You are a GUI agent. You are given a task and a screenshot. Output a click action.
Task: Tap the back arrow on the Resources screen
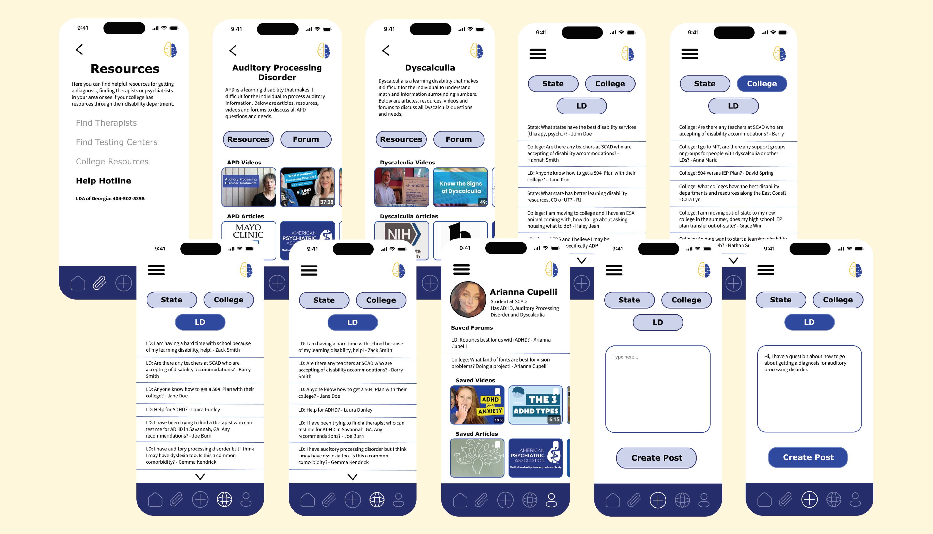point(79,50)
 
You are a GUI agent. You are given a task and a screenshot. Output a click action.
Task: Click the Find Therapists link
point(106,123)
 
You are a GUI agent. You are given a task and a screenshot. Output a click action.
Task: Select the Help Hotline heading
point(104,181)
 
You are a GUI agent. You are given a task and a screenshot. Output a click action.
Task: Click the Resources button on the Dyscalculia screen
point(401,139)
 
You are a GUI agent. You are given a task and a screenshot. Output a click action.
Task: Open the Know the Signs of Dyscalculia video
point(460,187)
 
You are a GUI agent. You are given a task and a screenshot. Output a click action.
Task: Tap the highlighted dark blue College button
point(761,84)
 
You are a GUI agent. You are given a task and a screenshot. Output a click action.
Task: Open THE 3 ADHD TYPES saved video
point(536,405)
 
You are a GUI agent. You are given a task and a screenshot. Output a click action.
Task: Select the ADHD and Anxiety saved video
point(477,405)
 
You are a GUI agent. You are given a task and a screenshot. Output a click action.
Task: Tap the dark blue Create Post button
point(808,457)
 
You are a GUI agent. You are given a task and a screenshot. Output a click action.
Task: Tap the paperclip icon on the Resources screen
point(99,283)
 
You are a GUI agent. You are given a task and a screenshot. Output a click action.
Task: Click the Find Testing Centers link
point(116,142)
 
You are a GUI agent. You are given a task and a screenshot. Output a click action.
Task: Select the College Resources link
point(112,162)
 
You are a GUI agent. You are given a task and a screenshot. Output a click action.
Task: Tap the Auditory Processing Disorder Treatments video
point(248,187)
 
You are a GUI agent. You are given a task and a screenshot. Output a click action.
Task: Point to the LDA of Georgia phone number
point(110,199)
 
